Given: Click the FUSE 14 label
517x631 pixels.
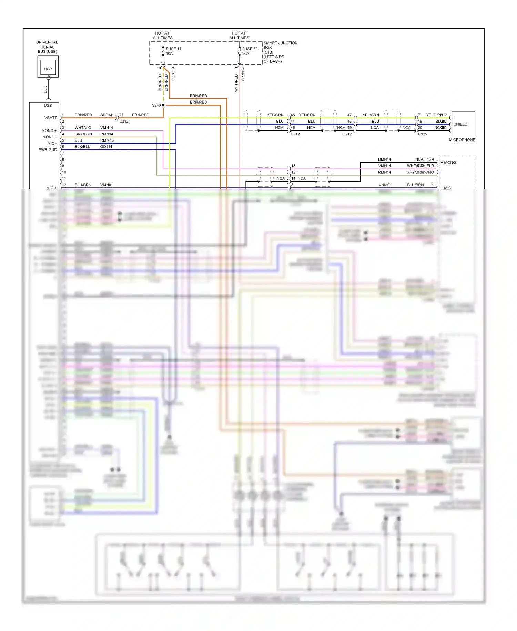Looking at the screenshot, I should point(173,49).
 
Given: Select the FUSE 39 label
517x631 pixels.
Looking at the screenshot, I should point(250,49).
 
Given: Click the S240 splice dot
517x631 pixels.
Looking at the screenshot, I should point(163,105).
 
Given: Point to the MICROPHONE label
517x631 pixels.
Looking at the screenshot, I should point(462,140).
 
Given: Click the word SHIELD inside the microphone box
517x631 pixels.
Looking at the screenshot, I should point(460,124).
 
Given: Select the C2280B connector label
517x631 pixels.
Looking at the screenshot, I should point(173,74).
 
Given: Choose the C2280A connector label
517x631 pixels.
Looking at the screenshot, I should point(243,74).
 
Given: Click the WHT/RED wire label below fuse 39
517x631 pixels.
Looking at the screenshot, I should point(236,83).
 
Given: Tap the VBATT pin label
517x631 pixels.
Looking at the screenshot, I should point(51,118).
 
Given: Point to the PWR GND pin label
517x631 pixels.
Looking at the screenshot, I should point(48,150).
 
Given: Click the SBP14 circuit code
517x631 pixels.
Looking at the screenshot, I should point(106,115).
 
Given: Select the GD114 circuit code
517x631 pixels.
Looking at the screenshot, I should point(106,147).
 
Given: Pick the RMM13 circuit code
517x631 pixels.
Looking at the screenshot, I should point(107,140).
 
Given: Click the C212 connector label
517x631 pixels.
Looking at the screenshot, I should point(347,134).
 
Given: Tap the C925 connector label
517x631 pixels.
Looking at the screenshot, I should point(422,134).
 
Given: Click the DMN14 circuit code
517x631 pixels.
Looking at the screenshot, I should point(384,159).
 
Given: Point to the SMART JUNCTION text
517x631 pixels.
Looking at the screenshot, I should point(281,43).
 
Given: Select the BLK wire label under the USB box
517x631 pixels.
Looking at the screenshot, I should point(45,90).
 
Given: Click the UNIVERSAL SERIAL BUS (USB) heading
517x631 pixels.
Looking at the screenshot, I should point(47,47).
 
